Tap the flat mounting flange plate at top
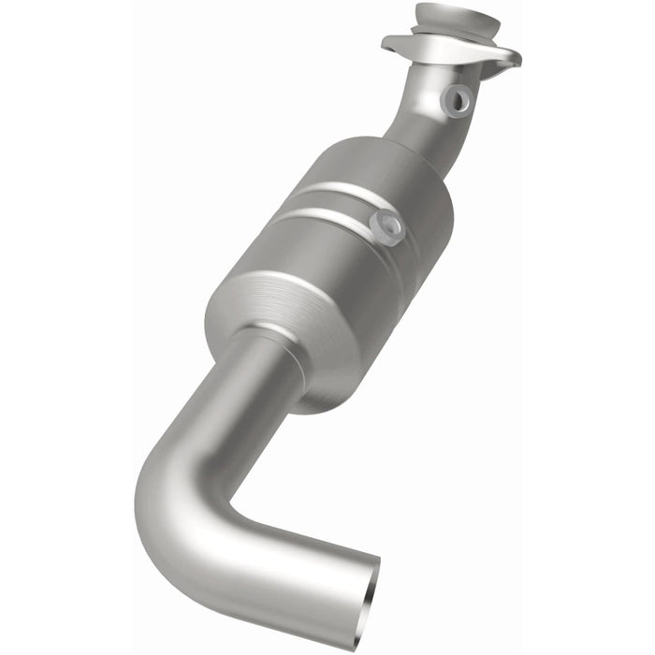tap(440, 48)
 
